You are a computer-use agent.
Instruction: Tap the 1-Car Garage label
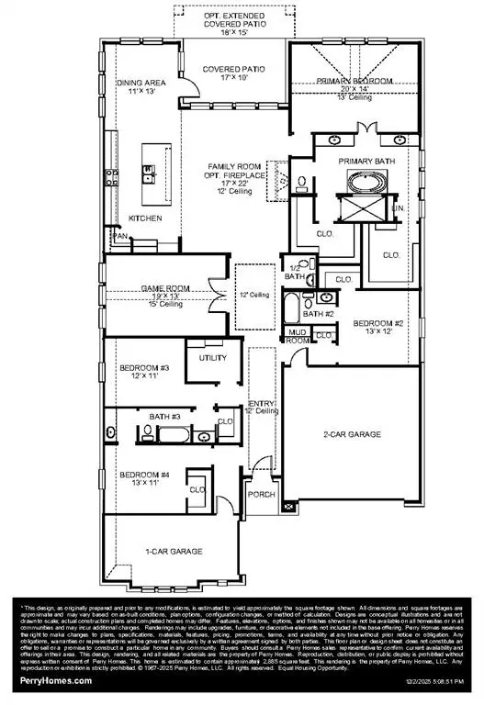[x=174, y=551]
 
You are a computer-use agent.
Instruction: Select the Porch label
[x=262, y=494]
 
